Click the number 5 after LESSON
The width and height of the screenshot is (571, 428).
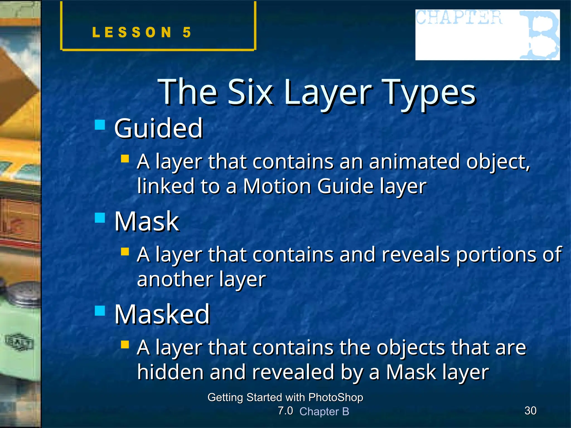[187, 32]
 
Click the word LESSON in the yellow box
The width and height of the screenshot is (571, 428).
[132, 32]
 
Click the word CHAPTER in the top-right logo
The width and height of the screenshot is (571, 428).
[458, 17]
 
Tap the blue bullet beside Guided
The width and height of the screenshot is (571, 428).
[100, 125]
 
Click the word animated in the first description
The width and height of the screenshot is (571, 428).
[414, 162]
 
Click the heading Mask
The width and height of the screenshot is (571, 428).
[147, 221]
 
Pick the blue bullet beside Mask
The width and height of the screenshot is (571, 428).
[100, 218]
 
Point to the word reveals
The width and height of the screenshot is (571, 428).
[415, 254]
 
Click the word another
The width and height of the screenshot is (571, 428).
[175, 279]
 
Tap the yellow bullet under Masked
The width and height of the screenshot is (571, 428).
[125, 345]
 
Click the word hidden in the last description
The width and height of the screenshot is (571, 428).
[170, 372]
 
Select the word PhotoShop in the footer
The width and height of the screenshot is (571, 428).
[336, 397]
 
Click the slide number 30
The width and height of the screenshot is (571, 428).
[530, 411]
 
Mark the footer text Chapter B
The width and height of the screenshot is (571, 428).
[324, 412]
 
